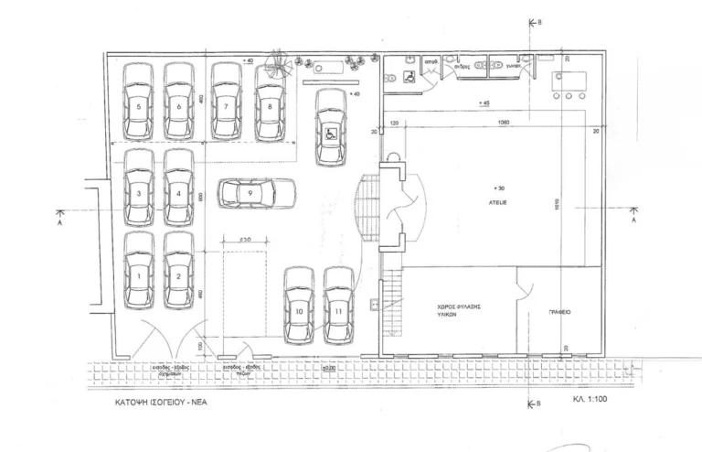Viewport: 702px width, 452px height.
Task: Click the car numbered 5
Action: coord(138,102)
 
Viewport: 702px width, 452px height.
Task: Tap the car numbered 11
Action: coord(339,305)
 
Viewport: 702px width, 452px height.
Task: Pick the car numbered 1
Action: coord(139,271)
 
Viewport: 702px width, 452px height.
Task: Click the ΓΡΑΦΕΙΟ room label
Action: coord(560,311)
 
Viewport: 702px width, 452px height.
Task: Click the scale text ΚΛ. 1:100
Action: coord(591,401)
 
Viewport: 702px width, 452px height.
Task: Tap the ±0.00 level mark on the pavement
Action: coord(327,368)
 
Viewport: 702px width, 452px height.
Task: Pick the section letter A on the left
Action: coord(58,221)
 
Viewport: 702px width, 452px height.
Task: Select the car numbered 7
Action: coord(226,102)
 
